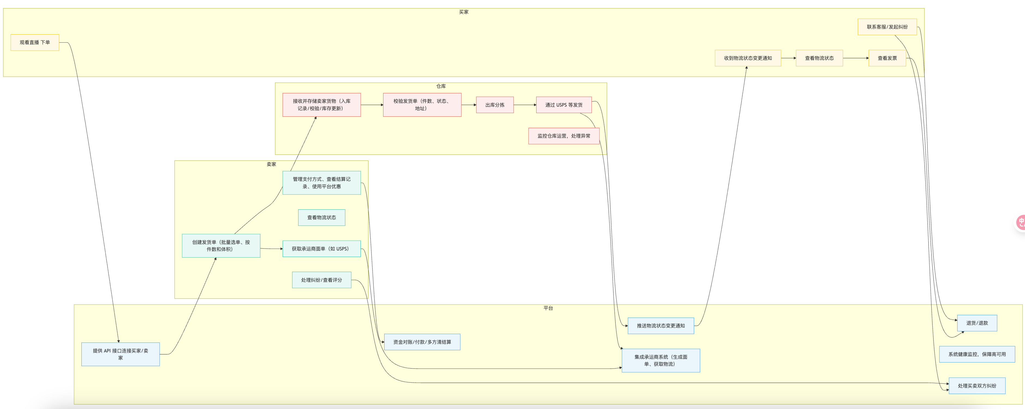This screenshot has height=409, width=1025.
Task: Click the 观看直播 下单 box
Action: click(35, 42)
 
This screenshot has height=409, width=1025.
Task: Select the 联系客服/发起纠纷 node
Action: click(887, 27)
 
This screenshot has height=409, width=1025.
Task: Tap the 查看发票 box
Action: click(887, 58)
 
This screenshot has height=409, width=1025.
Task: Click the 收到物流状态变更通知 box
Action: click(748, 58)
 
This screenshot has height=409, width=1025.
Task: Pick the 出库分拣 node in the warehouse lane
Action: click(495, 105)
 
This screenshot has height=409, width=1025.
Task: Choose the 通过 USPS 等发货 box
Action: click(563, 105)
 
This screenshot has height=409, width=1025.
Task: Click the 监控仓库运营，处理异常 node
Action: click(563, 136)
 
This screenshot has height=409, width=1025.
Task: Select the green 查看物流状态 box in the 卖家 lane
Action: click(322, 218)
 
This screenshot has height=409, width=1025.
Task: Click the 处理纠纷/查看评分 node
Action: click(322, 280)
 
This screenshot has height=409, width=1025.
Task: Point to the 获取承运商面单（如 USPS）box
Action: click(322, 249)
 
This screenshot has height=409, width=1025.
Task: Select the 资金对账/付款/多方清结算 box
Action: click(422, 342)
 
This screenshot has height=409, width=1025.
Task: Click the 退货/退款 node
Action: click(977, 323)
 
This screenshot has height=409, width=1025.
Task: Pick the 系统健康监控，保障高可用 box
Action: click(977, 354)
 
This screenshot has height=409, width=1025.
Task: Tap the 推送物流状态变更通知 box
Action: click(661, 326)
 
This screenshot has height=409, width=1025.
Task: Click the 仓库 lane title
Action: click(441, 86)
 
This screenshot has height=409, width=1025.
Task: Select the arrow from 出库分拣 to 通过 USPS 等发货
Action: click(525, 105)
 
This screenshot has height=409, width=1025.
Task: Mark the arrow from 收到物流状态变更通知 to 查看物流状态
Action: click(788, 58)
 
